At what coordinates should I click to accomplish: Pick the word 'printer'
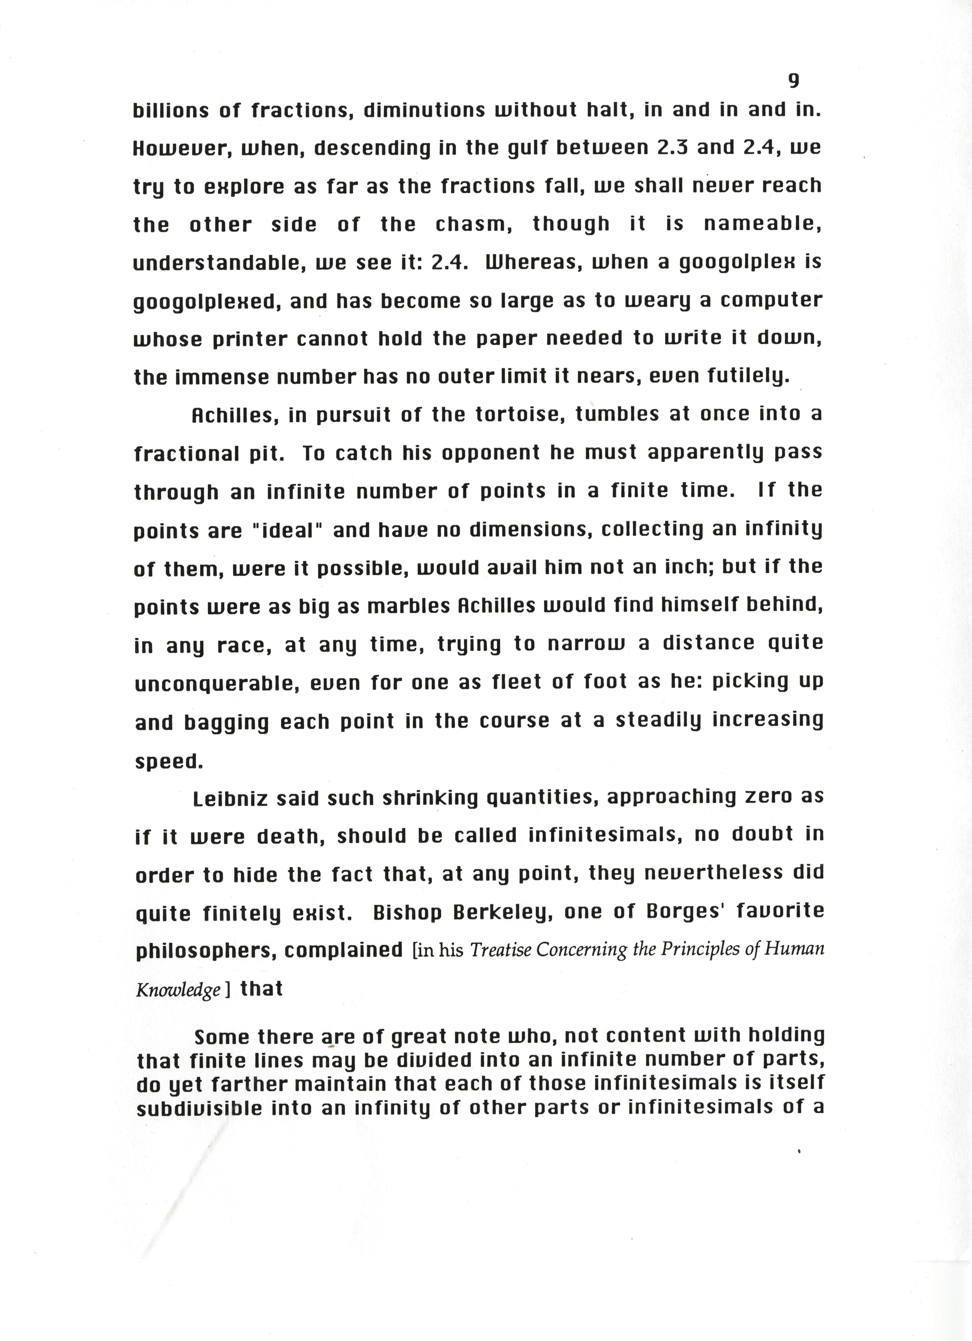click(x=240, y=339)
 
